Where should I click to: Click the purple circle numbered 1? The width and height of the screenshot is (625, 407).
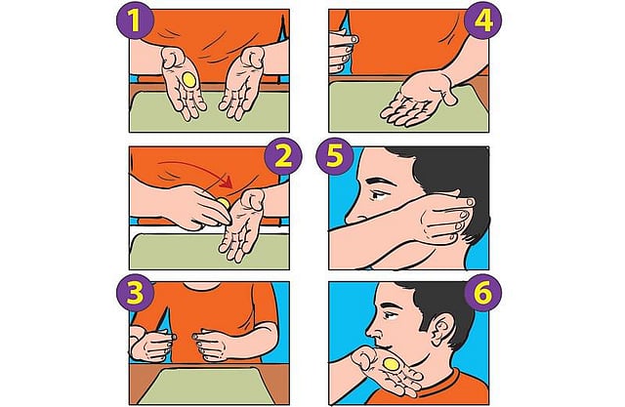click(135, 20)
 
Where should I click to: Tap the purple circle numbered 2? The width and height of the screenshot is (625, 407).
click(283, 157)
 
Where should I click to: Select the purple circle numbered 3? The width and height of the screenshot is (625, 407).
click(135, 294)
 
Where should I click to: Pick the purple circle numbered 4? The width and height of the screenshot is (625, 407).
click(483, 20)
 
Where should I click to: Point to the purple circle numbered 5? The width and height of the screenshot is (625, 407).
click(334, 156)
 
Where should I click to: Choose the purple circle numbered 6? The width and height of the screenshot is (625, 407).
click(483, 294)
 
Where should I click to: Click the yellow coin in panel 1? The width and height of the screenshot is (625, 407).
click(188, 80)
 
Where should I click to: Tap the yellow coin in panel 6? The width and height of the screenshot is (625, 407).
click(392, 364)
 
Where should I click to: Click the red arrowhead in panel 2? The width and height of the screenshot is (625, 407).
click(228, 182)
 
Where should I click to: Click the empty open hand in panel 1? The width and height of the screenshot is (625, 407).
click(242, 84)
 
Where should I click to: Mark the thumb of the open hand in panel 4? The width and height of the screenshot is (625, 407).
click(448, 93)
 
